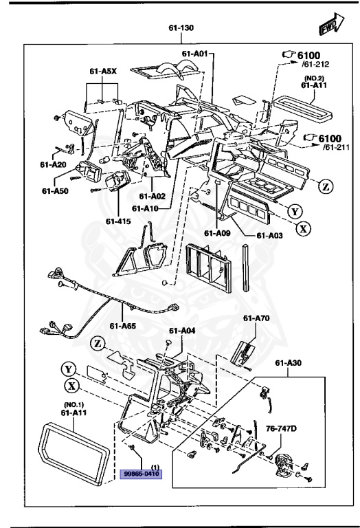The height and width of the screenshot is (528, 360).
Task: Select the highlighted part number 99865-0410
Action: pos(141,474)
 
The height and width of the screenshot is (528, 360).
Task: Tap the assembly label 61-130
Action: pos(183,30)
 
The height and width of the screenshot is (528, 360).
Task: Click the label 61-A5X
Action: pos(102,70)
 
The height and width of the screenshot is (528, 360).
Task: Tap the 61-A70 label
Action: pos(256,318)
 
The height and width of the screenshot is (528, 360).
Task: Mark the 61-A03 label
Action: pos(269,235)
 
